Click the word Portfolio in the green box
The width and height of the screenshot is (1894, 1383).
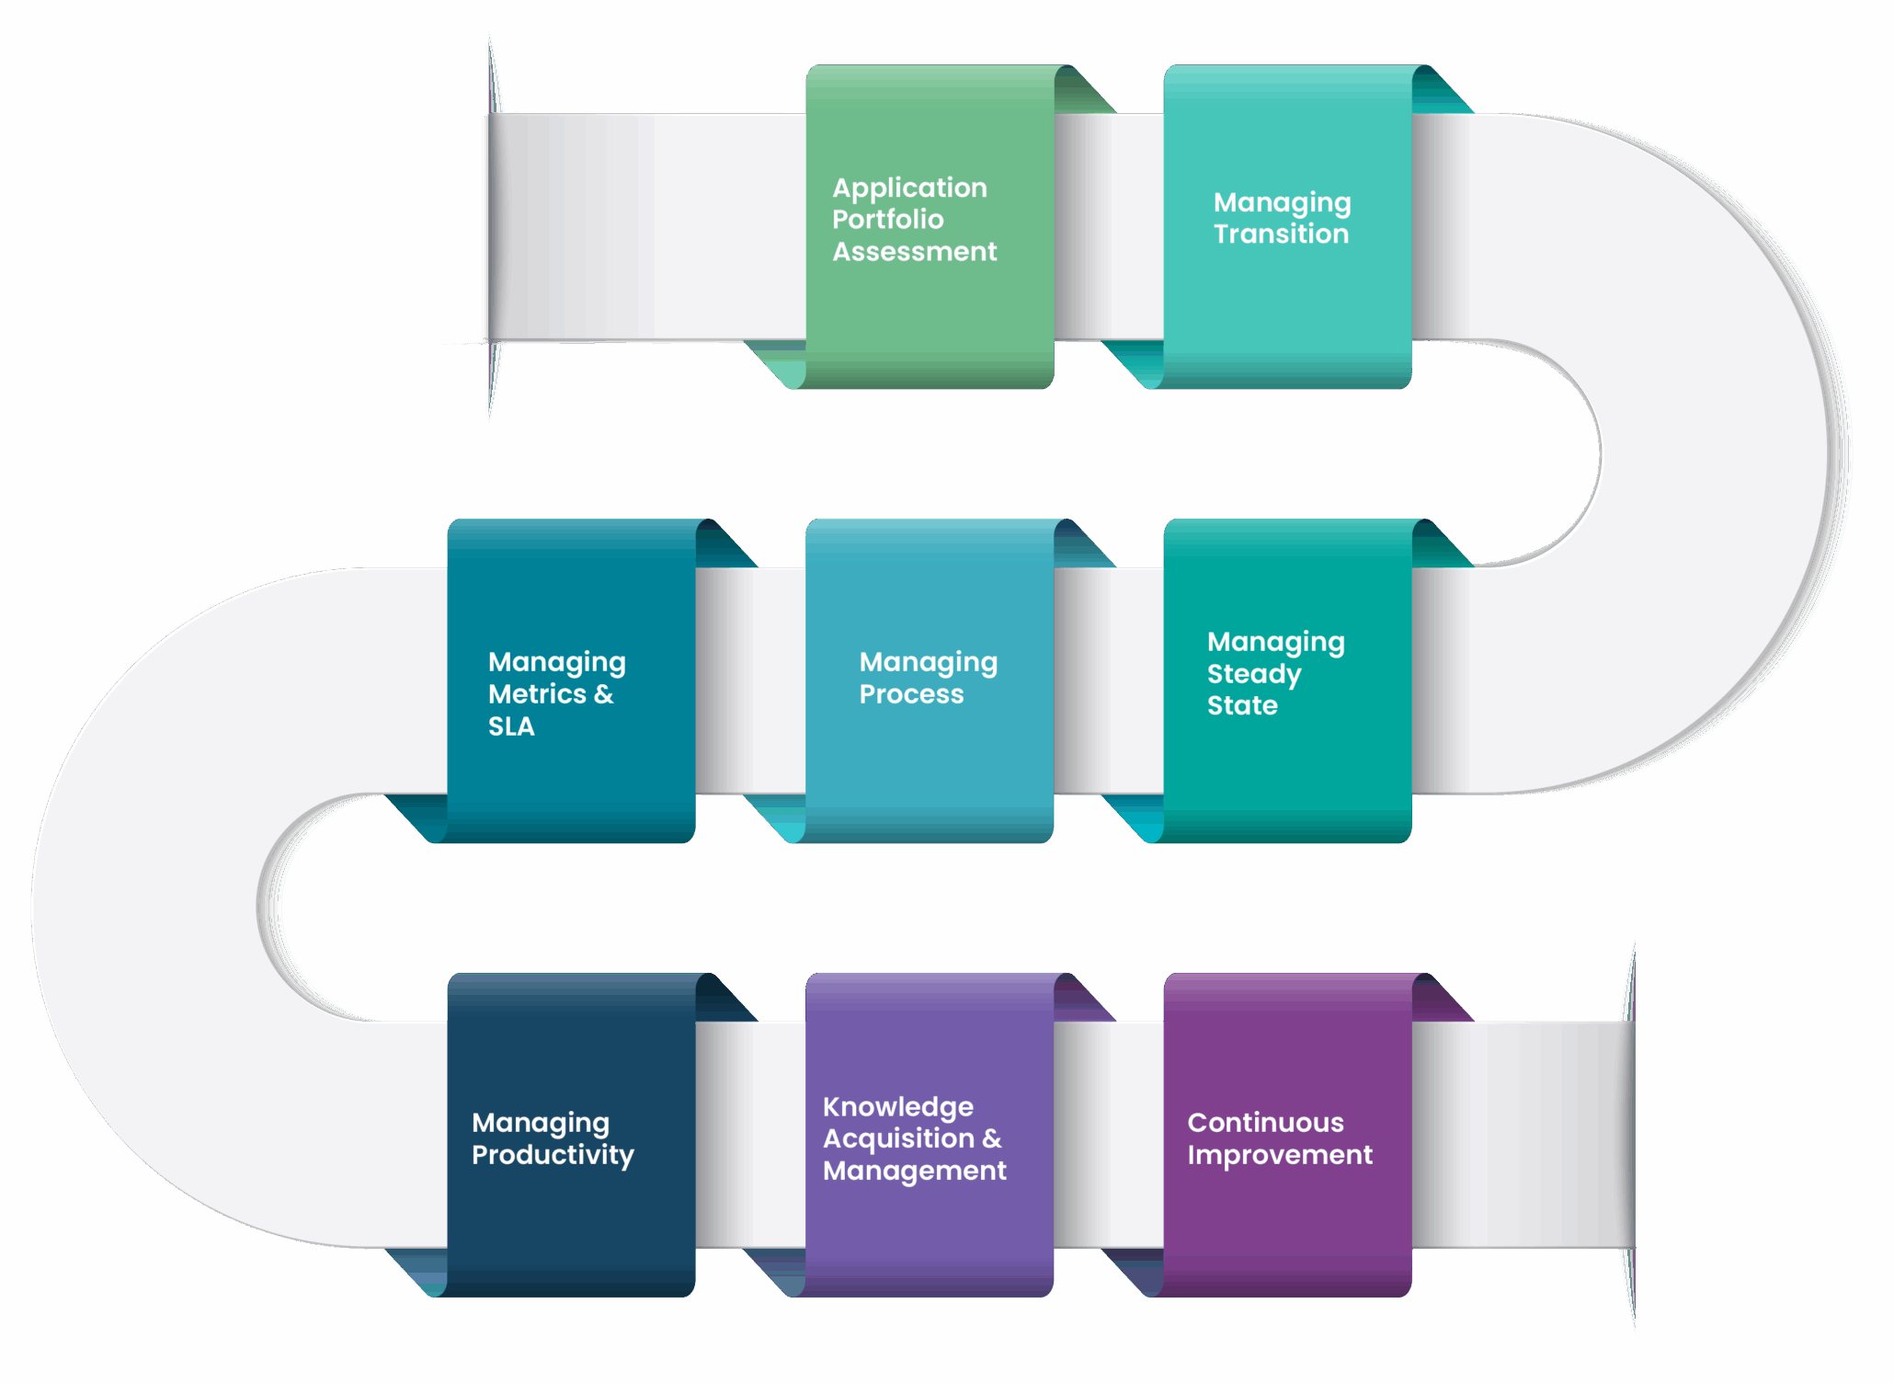(887, 220)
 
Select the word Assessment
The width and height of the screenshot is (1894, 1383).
(914, 252)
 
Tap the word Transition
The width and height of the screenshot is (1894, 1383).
(1281, 234)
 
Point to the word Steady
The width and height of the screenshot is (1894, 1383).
(1253, 674)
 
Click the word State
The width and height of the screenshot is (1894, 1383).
(1242, 705)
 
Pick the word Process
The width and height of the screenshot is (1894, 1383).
(911, 694)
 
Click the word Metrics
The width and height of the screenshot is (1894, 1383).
(537, 694)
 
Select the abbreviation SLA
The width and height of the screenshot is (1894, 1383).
(511, 726)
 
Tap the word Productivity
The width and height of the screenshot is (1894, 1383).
(553, 1155)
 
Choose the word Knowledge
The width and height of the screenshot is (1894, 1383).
(897, 1107)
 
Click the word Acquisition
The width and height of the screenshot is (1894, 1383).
(898, 1139)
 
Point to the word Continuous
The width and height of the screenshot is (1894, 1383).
(1265, 1123)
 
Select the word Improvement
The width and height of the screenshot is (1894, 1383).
(1280, 1155)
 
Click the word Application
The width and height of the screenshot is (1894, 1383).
(909, 188)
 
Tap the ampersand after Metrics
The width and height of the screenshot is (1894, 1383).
(604, 694)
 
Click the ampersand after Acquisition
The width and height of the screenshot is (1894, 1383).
(992, 1139)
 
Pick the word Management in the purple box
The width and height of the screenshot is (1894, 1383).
(914, 1172)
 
